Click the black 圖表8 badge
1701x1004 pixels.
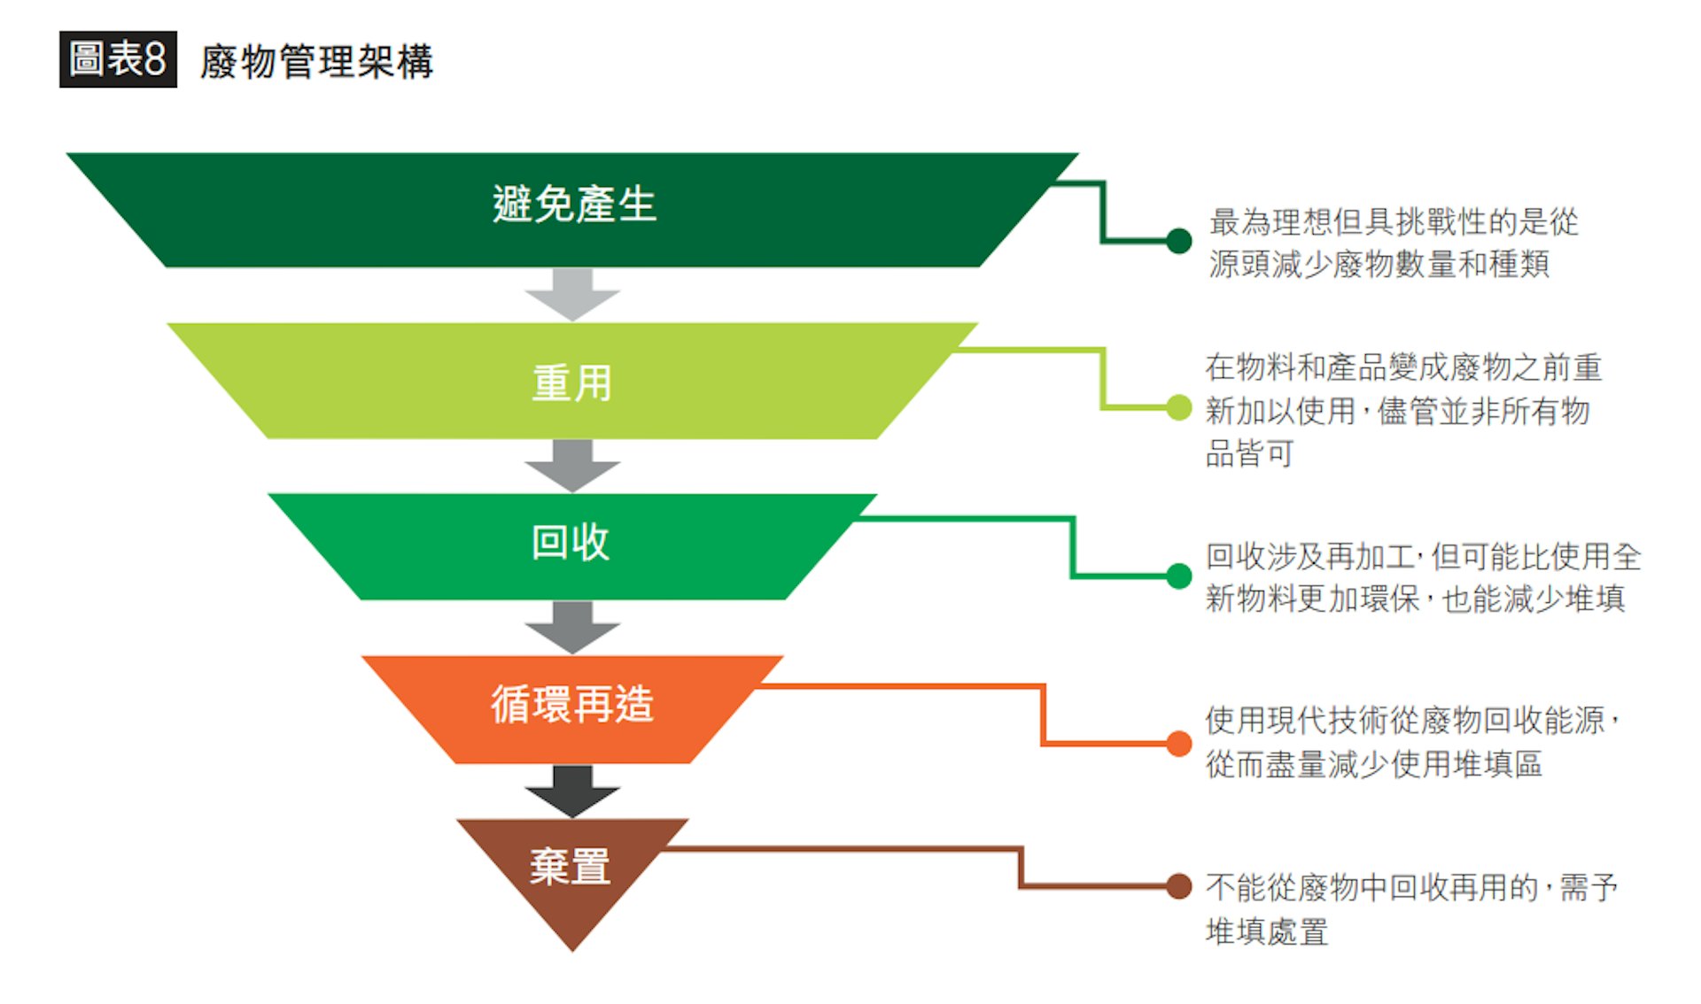tap(118, 59)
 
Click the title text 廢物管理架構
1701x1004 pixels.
tap(316, 62)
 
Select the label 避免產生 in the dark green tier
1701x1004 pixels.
tap(574, 205)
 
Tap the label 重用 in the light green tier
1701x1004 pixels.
tap(571, 383)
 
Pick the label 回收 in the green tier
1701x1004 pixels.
tap(571, 543)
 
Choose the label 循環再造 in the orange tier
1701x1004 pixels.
tap(572, 706)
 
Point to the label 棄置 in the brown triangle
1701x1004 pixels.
tap(571, 867)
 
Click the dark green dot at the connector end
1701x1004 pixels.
tap(1178, 241)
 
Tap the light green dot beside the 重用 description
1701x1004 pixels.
tap(1178, 407)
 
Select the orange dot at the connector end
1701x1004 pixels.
tap(1178, 744)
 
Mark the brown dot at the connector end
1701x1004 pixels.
tap(1178, 885)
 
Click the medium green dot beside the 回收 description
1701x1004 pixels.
tap(1178, 576)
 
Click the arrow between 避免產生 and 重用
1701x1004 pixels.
tap(572, 294)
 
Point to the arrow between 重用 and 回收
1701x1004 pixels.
tap(572, 465)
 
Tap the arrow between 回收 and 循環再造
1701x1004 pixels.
tap(572, 627)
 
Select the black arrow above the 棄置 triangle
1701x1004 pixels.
tap(572, 791)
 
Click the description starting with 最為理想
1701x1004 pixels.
tap(1393, 243)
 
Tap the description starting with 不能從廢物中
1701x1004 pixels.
tap(1411, 908)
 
